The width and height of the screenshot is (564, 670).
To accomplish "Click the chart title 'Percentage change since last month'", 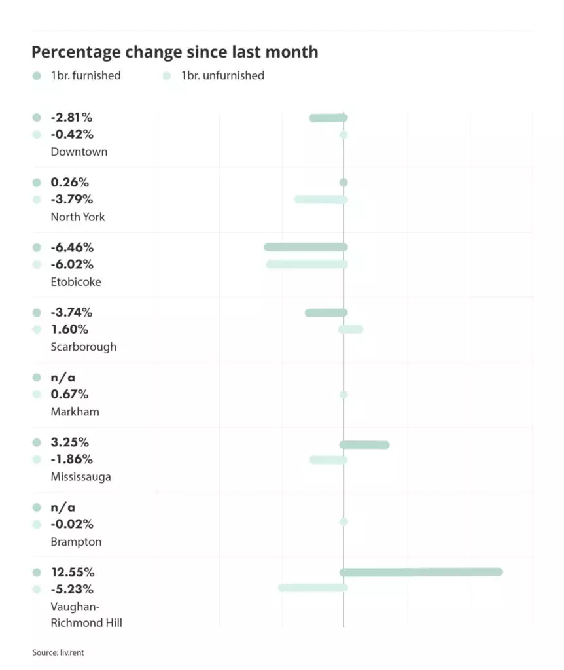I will pos(175,52).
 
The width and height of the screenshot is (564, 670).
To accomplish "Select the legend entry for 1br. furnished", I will pos(77,75).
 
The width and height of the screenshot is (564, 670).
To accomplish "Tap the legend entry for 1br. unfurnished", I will pos(213,75).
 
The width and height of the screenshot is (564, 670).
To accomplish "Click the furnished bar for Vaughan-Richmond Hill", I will pos(421,572).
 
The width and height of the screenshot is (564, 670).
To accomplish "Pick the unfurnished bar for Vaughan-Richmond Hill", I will pos(313,588).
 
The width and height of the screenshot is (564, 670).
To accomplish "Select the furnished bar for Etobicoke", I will pos(306,247).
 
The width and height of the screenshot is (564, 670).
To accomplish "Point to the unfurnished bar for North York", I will pos(321,199).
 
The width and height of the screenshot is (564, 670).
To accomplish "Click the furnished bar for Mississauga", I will pos(364,445).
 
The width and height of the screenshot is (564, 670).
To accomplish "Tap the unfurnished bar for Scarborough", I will pos(351,329).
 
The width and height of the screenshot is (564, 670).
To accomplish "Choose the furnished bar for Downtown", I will pos(328,118).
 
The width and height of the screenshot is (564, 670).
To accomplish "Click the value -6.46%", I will pos(72,247).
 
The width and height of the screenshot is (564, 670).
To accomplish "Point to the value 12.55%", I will pos(72,572).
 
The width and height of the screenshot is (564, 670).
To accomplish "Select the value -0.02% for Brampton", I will pos(72,524).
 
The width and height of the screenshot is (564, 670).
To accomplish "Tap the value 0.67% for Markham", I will pos(69,395).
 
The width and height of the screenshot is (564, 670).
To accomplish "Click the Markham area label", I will pos(75,412).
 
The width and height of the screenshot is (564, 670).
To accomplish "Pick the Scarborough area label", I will pos(83,347).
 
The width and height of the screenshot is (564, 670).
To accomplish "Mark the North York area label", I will pos(77,217).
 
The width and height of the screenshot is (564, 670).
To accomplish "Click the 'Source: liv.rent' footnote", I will pos(58,652).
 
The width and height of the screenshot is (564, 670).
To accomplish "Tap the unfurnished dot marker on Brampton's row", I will pos(344,521).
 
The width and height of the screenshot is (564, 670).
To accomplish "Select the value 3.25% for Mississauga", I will pos(69,442).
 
